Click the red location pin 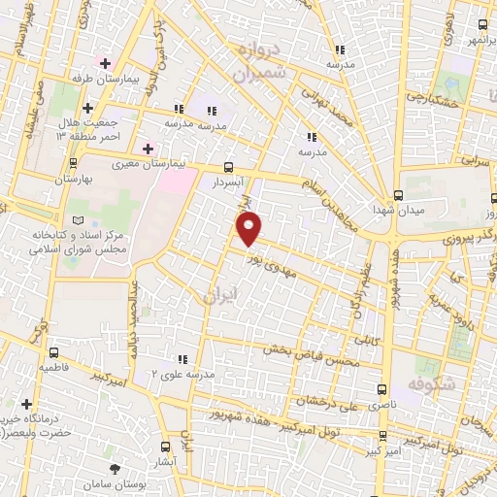point(250,229)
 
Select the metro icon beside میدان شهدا point(397,193)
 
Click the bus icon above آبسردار point(228,166)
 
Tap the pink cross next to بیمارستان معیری point(148,149)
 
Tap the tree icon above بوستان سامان point(116,470)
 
